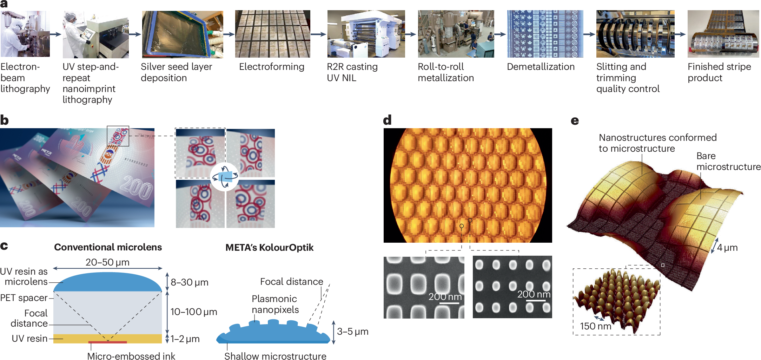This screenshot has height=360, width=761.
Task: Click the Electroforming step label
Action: click(x=272, y=67)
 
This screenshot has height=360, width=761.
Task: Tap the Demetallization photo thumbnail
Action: click(x=545, y=34)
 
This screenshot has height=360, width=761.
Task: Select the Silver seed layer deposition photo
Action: click(x=183, y=34)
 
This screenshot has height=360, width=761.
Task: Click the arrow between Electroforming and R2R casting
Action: click(x=318, y=34)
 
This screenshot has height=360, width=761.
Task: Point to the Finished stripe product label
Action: click(x=719, y=72)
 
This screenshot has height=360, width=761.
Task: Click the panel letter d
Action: click(x=387, y=120)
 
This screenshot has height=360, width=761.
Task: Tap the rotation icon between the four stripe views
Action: click(x=225, y=177)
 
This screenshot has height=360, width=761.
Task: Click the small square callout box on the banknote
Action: click(x=118, y=136)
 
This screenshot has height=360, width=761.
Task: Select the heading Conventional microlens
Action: click(x=108, y=247)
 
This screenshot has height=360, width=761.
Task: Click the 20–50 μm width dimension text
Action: click(x=107, y=262)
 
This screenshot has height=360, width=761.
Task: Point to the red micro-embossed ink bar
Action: click(x=107, y=342)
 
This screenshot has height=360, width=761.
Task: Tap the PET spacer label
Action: click(x=24, y=298)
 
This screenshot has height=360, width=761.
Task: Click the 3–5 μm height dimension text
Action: click(x=352, y=332)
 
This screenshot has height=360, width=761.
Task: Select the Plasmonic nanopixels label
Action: click(x=275, y=304)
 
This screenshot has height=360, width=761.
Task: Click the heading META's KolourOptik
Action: click(x=269, y=248)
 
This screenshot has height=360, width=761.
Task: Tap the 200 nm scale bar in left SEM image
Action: click(x=449, y=303)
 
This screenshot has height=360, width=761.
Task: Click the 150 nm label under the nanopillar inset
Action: click(x=595, y=326)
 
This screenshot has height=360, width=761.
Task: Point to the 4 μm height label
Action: click(x=727, y=248)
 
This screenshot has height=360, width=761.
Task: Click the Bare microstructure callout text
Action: click(x=728, y=161)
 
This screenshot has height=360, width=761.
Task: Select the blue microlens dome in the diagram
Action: click(x=107, y=282)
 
